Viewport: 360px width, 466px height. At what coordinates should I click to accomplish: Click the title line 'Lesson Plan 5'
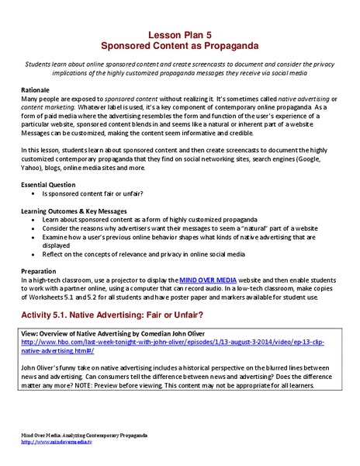(x=180, y=34)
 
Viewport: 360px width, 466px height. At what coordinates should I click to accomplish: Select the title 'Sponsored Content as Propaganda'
(x=180, y=46)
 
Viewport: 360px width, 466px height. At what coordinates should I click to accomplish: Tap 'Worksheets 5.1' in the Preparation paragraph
(x=69, y=298)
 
